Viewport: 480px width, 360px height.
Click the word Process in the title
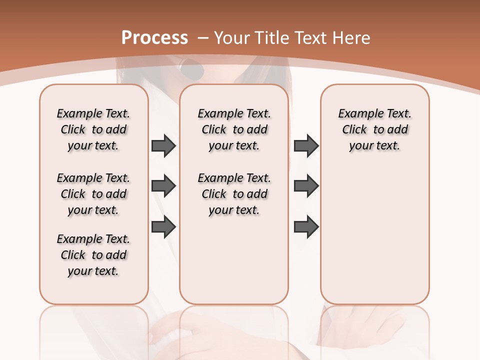coord(154,38)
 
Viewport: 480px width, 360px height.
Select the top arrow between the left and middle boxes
coord(163,146)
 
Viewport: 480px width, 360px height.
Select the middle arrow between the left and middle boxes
coord(163,186)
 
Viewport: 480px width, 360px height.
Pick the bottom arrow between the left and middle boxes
coord(163,227)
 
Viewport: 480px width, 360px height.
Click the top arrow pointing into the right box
coord(306,146)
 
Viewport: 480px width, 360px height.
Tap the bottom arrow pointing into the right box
coord(306,227)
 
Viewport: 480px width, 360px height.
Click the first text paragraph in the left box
coord(93,129)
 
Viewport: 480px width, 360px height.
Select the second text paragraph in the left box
coord(93,194)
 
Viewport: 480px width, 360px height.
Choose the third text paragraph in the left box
coord(93,255)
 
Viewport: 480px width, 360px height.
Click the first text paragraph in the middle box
coord(234,129)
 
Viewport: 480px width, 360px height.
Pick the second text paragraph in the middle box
coord(234,194)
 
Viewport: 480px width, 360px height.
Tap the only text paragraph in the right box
coord(374,129)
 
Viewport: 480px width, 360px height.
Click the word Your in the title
coord(233,38)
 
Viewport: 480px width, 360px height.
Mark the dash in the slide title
coord(203,38)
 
